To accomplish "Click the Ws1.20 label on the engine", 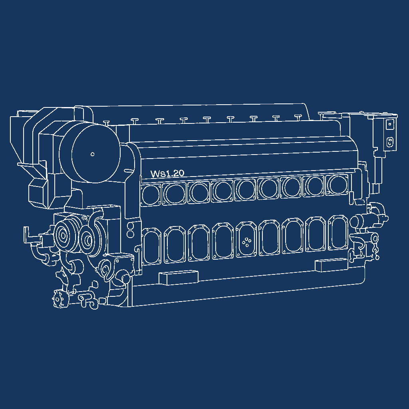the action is click(167, 173).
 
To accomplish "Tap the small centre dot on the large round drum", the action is click(92, 154).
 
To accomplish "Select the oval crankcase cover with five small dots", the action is click(246, 240).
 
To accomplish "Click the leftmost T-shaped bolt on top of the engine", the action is click(106, 123).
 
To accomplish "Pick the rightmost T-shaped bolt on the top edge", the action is click(298, 117).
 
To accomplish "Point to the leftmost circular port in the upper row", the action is click(151, 195).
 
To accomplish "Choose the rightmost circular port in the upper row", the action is click(337, 185).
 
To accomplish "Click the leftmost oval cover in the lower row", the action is click(151, 246).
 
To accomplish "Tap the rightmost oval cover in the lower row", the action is click(338, 232).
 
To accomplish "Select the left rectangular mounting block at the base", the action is click(179, 278).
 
